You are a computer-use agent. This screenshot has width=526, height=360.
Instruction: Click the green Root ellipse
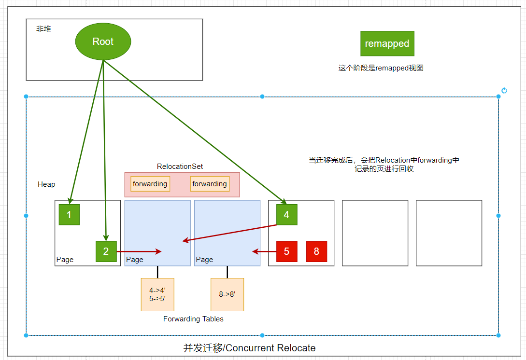pyautogui.click(x=103, y=42)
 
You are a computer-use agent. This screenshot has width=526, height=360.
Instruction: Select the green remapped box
pyautogui.click(x=387, y=43)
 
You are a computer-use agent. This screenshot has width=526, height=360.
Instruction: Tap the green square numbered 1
pyautogui.click(x=69, y=215)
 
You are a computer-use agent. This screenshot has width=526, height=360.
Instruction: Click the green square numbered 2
pyautogui.click(x=106, y=251)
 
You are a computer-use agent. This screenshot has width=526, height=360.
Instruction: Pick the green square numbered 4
pyautogui.click(x=286, y=215)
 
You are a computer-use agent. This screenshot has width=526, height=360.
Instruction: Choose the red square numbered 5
pyautogui.click(x=286, y=251)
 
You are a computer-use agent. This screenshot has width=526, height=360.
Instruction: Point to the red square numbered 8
pyautogui.click(x=316, y=251)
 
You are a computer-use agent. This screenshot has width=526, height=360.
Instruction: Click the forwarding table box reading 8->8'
pyautogui.click(x=227, y=294)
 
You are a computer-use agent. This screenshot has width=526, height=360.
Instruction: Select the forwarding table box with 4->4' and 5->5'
pyautogui.click(x=157, y=294)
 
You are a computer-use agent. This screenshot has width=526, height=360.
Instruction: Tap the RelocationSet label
pyautogui.click(x=180, y=166)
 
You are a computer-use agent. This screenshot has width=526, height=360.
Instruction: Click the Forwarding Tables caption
pyautogui.click(x=193, y=319)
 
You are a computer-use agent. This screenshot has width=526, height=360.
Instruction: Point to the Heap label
pyautogui.click(x=46, y=184)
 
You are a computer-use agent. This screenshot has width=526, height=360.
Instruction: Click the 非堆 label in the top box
pyautogui.click(x=43, y=29)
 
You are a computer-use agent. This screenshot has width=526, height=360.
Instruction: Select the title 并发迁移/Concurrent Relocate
pyautogui.click(x=249, y=348)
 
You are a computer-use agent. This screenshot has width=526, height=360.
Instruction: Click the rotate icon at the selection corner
pyautogui.click(x=504, y=90)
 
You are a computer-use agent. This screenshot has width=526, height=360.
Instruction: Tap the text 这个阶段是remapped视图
pyautogui.click(x=381, y=68)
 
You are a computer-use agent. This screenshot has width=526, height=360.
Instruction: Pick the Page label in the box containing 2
pyautogui.click(x=65, y=260)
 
